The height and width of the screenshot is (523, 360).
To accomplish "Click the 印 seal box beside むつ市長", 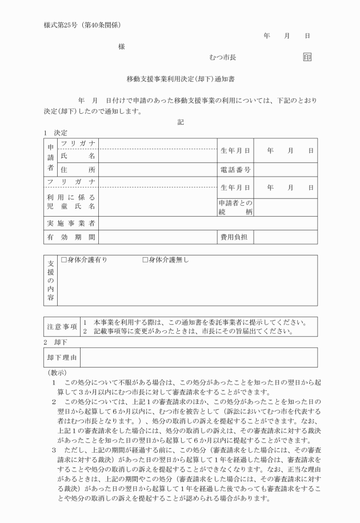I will pos(307,57).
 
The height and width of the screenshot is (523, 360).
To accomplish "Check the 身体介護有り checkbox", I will pos(65,261).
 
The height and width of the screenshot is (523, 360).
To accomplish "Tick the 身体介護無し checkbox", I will pos(145,261).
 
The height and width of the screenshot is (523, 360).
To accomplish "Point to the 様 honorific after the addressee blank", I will pos(122,46).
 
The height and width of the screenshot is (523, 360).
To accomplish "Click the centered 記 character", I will pos(181,121).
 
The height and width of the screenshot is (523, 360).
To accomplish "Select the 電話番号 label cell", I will pos(235,170).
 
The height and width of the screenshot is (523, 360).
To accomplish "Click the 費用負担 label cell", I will pos(235,237).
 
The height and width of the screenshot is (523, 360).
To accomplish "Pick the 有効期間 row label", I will pos(71,237).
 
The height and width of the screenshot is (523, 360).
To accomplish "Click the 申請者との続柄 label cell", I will pos(235,207).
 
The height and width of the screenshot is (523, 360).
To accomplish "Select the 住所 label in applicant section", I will pos(77,170).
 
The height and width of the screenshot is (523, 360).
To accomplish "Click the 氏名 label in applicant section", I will pos(77,155).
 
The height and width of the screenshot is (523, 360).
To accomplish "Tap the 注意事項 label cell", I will pos(62,326).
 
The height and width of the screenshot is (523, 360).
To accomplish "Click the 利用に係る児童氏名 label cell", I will pos(71,202).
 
